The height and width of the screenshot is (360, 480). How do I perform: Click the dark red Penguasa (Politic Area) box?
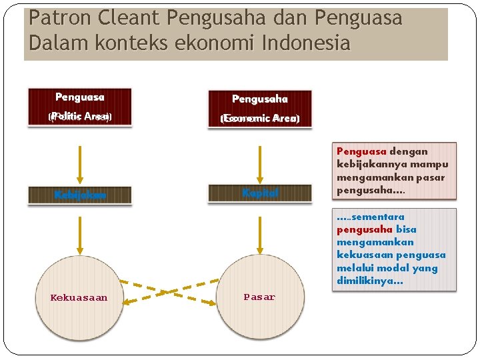(79, 107)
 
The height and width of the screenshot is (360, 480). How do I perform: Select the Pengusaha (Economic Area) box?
(259, 108)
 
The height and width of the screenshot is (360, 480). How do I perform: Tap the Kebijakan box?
(79, 195)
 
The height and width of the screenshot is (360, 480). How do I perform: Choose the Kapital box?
(259, 193)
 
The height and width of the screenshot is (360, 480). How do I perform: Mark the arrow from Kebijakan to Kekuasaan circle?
(80, 230)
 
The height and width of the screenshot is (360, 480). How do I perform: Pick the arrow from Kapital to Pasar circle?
(259, 230)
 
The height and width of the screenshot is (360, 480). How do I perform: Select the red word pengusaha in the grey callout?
(364, 229)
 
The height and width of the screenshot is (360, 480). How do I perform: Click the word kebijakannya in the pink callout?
(369, 164)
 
